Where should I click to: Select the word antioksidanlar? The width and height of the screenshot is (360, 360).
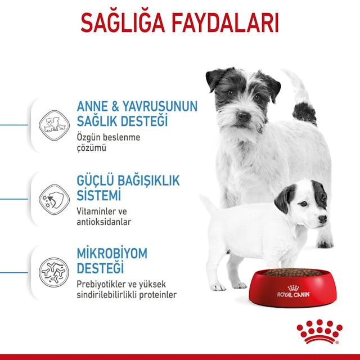coord(103,222)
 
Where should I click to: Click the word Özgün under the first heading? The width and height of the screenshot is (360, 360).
coord(89,137)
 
